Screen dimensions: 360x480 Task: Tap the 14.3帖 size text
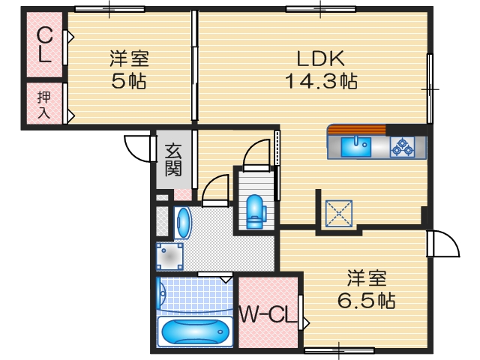pyautogui.click(x=320, y=81)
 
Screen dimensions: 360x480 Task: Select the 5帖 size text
pyautogui.click(x=129, y=81)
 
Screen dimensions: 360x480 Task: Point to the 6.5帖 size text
pyautogui.click(x=367, y=301)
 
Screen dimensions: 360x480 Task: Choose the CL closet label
pyautogui.click(x=44, y=44)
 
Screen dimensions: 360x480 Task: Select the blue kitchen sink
pyautogui.click(x=356, y=145)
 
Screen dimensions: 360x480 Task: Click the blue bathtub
pyautogui.click(x=195, y=331)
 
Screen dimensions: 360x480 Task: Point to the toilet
pyautogui.click(x=255, y=209)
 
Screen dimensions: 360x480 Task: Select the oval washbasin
pyautogui.click(x=183, y=223)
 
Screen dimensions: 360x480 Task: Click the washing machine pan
pyautogui.click(x=169, y=256)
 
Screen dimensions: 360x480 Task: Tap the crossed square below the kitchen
pyautogui.click(x=340, y=212)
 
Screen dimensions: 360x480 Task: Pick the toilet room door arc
pyautogui.click(x=257, y=152)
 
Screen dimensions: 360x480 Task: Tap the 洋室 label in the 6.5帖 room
pyautogui.click(x=367, y=278)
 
